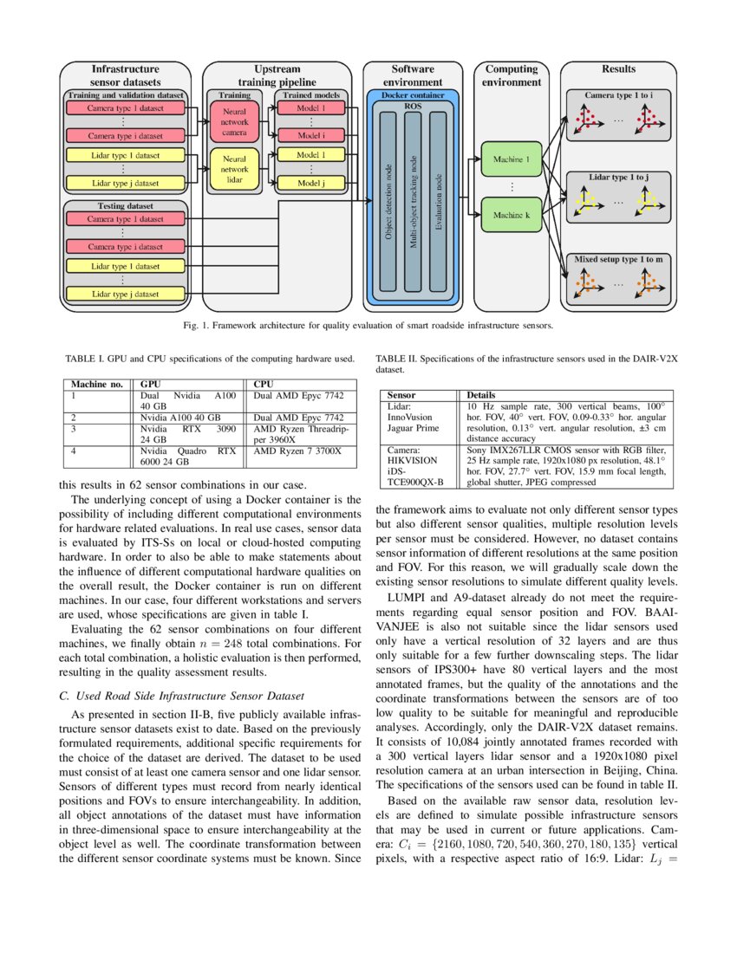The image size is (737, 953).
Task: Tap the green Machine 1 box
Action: click(512, 160)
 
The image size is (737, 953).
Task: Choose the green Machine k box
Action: click(512, 215)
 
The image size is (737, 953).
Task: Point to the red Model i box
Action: click(310, 136)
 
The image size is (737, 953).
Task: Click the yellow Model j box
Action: click(310, 183)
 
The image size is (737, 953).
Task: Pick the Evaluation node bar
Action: click(439, 204)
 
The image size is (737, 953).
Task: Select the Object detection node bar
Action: click(388, 204)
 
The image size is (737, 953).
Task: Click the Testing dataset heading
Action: click(126, 207)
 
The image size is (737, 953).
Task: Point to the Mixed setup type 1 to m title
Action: click(618, 259)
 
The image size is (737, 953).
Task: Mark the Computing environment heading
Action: click(512, 75)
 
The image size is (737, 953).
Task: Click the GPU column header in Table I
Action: click(150, 383)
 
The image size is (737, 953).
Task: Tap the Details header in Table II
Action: click(484, 395)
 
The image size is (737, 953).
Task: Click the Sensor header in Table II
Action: click(401, 395)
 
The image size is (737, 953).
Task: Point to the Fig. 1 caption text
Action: click(368, 327)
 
